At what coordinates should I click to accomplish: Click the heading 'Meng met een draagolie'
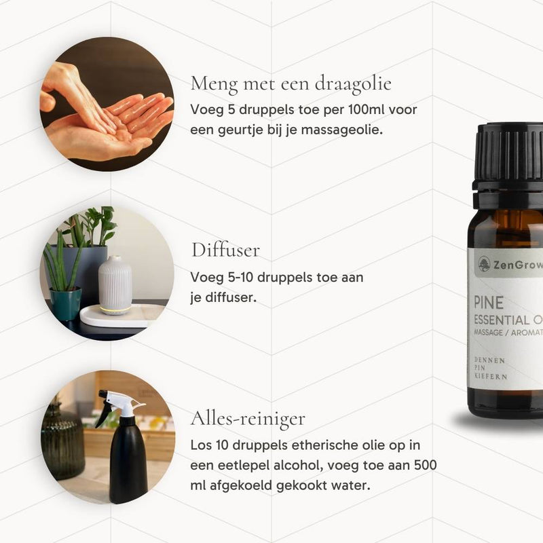click(x=291, y=84)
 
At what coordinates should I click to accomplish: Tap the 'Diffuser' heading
click(x=225, y=250)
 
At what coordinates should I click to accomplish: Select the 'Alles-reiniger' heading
click(x=248, y=418)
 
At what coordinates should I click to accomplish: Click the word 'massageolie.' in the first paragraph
click(x=342, y=130)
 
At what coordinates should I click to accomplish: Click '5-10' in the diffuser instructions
click(x=240, y=278)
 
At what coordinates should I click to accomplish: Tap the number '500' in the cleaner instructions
click(x=426, y=465)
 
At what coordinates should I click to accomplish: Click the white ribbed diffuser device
click(x=115, y=285)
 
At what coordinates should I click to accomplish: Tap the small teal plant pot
click(x=66, y=303)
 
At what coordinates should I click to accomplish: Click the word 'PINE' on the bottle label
click(x=488, y=303)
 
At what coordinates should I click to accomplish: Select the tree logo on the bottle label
click(x=484, y=264)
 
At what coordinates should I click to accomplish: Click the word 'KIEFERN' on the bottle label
click(x=491, y=376)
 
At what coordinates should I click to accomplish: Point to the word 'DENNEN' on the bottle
click(x=489, y=360)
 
